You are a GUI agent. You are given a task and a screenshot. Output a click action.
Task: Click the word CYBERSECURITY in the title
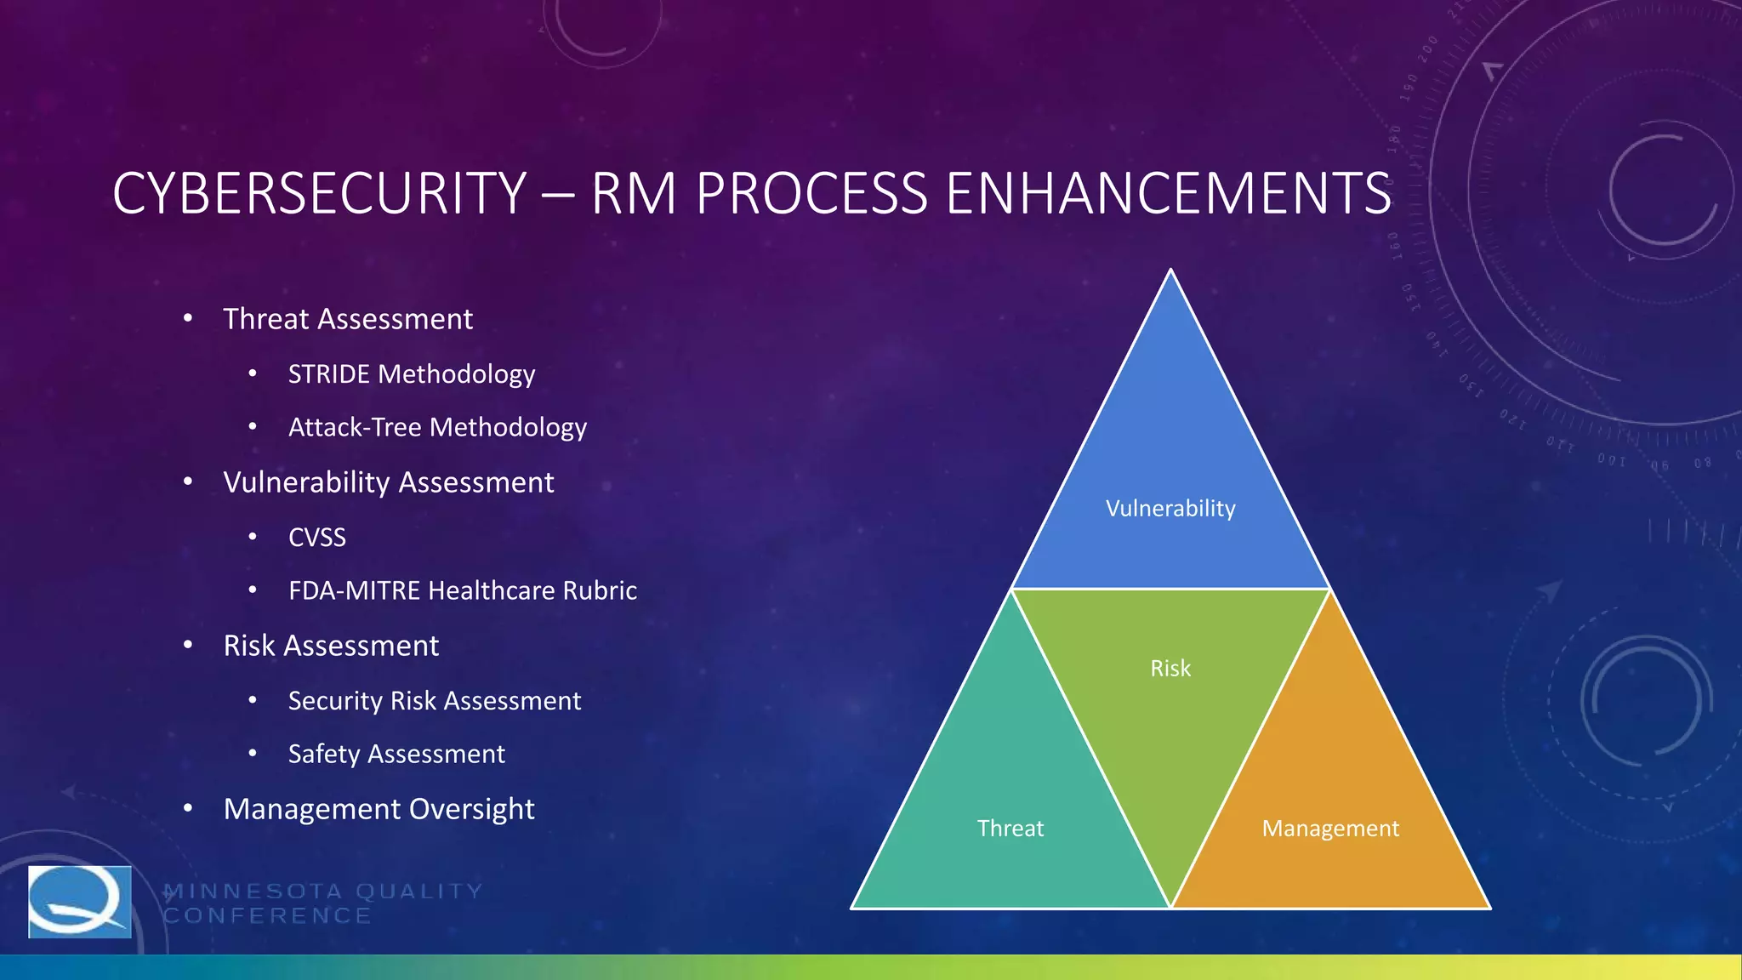tap(320, 193)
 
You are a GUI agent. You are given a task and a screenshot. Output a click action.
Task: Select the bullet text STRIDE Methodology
tap(411, 374)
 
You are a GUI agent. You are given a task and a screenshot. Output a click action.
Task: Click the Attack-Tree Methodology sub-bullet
tap(437, 427)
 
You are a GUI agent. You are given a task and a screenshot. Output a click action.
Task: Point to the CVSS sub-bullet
tap(317, 538)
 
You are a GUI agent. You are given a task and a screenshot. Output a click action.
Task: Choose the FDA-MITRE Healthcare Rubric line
tap(462, 590)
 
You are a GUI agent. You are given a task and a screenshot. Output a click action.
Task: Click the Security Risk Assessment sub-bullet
tap(434, 701)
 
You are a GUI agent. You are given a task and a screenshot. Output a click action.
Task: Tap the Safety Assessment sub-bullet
tap(396, 754)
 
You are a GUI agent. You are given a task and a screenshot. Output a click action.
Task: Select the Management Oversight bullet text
tap(379, 809)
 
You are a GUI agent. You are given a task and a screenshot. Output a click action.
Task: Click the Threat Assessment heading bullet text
tap(347, 319)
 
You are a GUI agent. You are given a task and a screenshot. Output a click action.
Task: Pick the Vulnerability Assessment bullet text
tap(388, 482)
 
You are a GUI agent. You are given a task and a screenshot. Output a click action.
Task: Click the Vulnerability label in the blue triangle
tap(1170, 509)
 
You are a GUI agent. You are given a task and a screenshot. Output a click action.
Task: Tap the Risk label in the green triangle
tap(1170, 669)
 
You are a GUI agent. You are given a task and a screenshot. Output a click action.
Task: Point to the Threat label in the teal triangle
tap(1010, 829)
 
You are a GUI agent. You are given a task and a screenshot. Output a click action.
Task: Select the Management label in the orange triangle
tap(1330, 829)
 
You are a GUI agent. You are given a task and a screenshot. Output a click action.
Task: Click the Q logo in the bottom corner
tap(80, 902)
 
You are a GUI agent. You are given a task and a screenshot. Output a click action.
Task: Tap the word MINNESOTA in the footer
tap(253, 892)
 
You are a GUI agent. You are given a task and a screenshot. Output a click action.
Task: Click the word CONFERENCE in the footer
tap(267, 916)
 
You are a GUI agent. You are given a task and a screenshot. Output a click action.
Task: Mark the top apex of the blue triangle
tap(1170, 271)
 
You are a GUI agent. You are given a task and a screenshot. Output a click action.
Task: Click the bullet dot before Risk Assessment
tap(188, 646)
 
